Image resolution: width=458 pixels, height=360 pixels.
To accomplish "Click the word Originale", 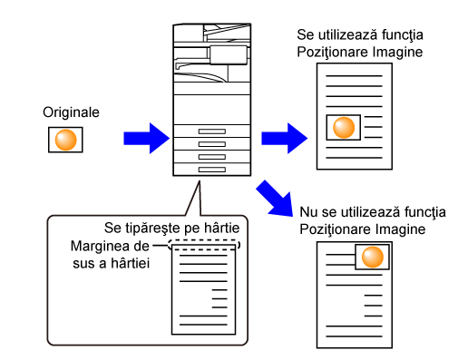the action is point(71,112).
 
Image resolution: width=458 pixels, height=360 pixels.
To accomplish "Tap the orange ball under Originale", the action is point(65,140).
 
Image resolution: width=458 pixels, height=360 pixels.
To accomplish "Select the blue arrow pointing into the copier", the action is point(147,139).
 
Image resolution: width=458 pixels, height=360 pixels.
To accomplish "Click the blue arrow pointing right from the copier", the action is point(285,139).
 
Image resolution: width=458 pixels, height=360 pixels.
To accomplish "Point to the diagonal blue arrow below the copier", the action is point(275,199).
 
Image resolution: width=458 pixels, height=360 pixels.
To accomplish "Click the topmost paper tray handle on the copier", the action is point(212,131).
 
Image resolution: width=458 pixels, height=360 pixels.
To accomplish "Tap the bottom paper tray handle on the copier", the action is point(212,170).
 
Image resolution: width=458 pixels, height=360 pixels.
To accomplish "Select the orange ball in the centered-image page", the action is point(344,128).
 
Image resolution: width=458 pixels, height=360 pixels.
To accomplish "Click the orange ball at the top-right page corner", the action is point(373,257).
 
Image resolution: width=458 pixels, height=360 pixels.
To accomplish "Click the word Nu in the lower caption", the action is point(308,212).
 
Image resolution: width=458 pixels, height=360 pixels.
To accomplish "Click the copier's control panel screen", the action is point(229,55).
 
